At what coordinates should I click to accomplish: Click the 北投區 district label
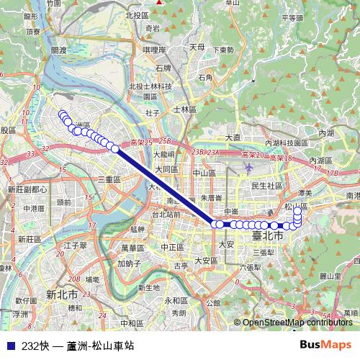click(x=136, y=14)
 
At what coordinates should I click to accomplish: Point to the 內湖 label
click(x=325, y=133)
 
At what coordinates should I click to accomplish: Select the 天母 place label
click(x=197, y=47)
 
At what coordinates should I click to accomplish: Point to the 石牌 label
click(x=163, y=68)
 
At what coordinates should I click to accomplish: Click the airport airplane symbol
click(x=249, y=167)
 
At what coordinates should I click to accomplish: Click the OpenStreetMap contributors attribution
click(x=297, y=323)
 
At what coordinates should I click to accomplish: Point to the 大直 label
click(x=233, y=137)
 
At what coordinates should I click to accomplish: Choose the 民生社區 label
click(x=265, y=185)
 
